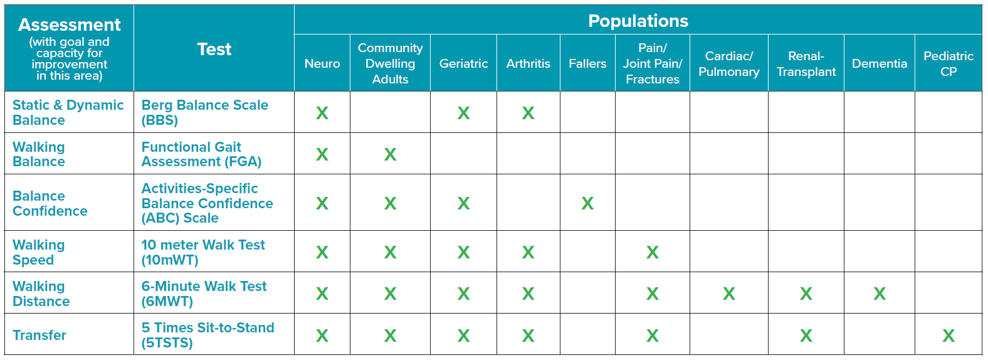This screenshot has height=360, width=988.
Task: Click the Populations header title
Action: [x=638, y=21]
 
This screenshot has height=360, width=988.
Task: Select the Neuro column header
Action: [x=322, y=63]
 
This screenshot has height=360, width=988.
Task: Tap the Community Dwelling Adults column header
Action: [x=390, y=63]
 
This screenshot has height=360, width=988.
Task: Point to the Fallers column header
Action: [x=587, y=63]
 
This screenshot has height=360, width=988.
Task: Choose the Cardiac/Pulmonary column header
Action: [x=728, y=63]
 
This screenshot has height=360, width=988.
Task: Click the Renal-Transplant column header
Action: [x=806, y=63]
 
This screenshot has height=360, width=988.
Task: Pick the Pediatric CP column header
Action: [x=948, y=63]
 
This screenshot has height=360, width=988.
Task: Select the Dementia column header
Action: [x=879, y=63]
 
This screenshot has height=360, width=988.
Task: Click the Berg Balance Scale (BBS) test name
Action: [x=204, y=112]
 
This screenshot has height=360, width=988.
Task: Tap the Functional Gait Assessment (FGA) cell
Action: [x=201, y=154]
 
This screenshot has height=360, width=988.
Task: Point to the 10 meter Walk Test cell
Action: [x=202, y=252]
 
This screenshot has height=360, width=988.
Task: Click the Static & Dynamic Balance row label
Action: [x=68, y=112]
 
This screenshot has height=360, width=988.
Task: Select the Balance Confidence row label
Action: [x=50, y=203]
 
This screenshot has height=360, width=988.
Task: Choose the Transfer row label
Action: [x=39, y=335]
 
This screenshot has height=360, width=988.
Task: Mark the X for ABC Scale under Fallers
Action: [x=587, y=203]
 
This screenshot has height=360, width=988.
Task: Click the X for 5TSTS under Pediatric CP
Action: [x=948, y=336]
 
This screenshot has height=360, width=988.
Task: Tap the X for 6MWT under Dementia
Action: [x=879, y=294]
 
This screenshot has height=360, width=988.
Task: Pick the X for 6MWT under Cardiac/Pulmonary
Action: [x=728, y=294]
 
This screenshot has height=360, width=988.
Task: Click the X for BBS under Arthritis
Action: [x=528, y=113]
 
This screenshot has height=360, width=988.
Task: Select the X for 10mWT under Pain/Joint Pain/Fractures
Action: [x=652, y=252]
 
